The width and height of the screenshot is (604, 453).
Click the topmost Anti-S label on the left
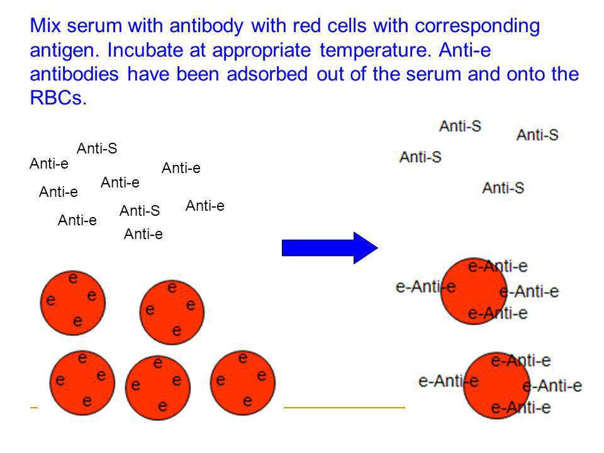[x=97, y=148]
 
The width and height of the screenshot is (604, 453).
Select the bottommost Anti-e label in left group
[x=143, y=235]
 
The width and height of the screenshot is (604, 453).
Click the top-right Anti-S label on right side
[x=537, y=135]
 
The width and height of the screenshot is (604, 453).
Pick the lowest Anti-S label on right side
[x=503, y=187]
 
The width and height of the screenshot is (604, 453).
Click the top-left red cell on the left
[x=69, y=300]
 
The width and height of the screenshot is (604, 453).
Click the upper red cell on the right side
[x=473, y=290]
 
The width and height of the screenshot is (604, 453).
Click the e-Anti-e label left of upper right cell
[x=425, y=288]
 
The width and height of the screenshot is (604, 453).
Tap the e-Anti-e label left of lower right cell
[x=448, y=381]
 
